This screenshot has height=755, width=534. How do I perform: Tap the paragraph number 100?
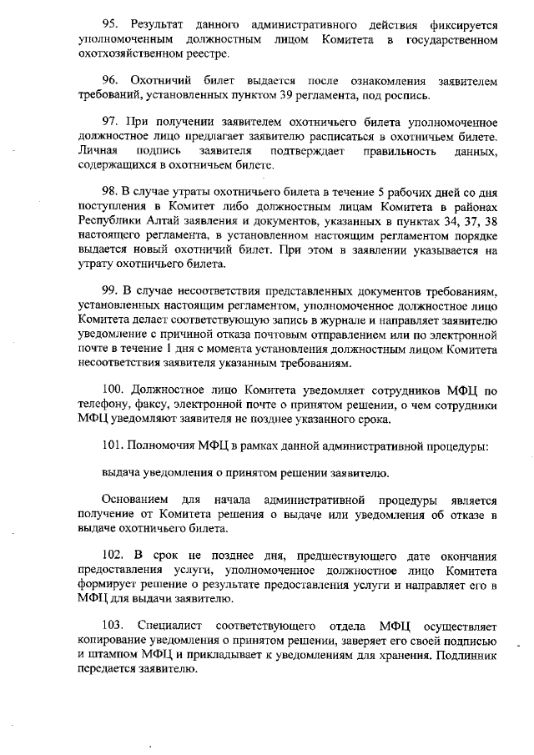pyautogui.click(x=113, y=390)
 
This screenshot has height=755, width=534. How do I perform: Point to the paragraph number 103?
pyautogui.click(x=113, y=625)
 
